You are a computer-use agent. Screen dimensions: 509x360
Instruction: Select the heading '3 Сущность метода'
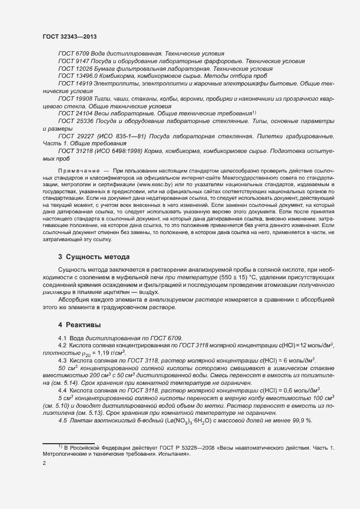94,256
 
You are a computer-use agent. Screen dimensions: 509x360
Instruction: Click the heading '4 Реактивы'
80,325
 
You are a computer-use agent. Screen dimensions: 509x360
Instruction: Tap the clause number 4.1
62,338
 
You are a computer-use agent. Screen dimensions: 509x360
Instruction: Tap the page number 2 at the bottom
44,463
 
